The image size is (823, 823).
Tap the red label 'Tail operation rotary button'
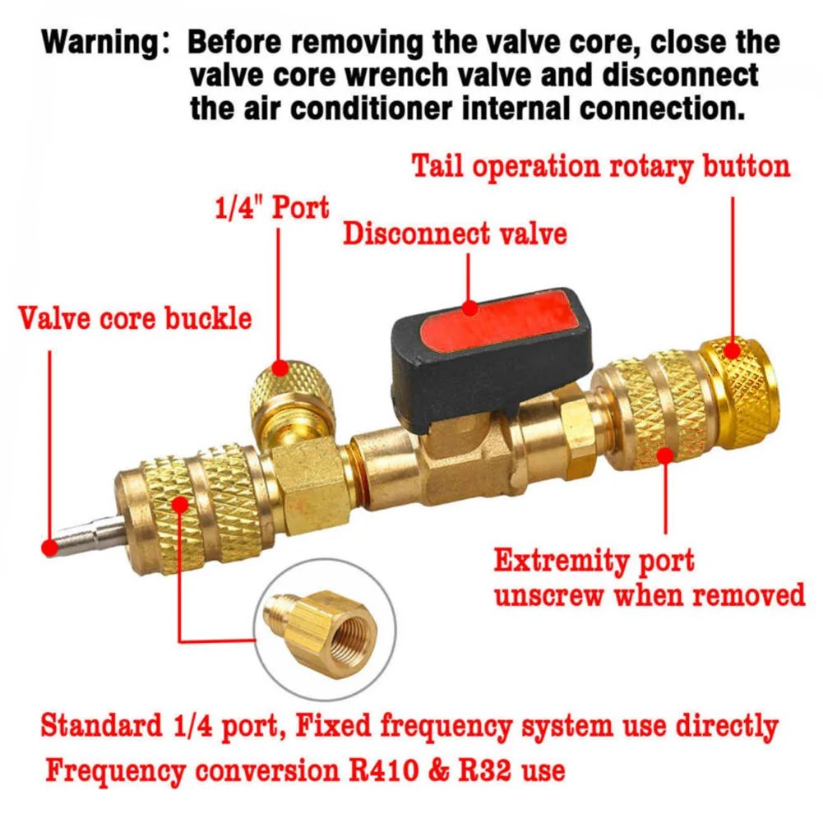[600, 166]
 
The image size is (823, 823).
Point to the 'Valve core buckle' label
[135, 318]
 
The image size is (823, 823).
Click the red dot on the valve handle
[469, 310]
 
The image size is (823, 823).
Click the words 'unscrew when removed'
[650, 594]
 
